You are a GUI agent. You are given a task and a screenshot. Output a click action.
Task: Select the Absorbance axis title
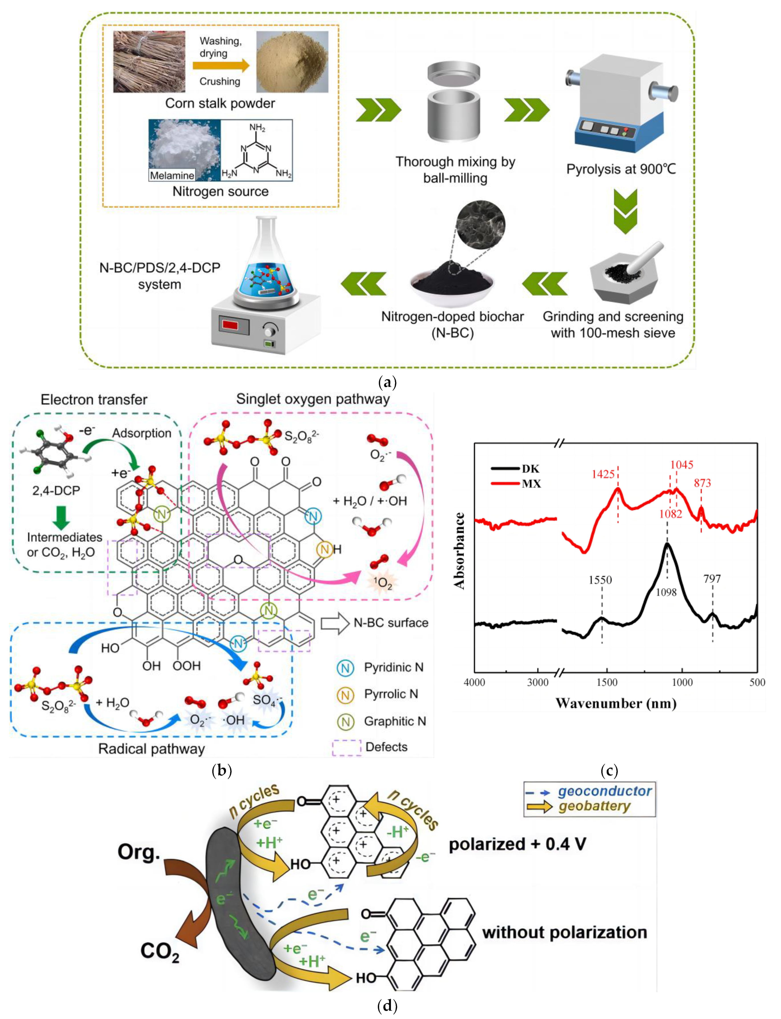[460, 551]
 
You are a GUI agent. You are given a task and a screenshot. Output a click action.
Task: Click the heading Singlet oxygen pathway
[313, 399]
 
